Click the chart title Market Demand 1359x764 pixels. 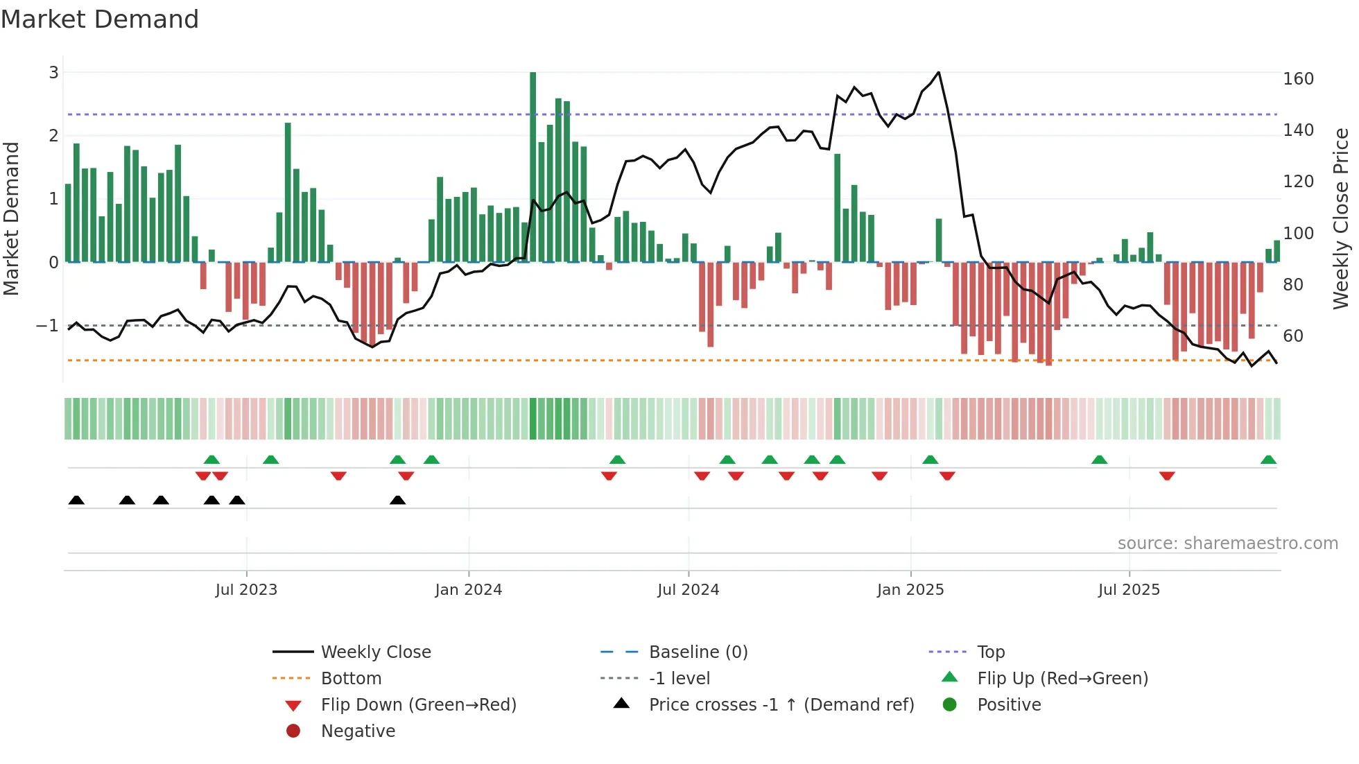[x=100, y=19]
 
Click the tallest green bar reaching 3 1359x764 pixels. [x=533, y=166]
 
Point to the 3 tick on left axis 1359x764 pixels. [x=53, y=73]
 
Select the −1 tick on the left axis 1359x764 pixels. [x=47, y=325]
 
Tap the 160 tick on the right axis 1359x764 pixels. [x=1298, y=79]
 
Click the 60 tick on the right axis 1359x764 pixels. [x=1292, y=336]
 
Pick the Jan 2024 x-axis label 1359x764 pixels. [x=468, y=590]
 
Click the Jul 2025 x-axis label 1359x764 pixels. [x=1128, y=590]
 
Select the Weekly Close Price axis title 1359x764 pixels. [x=1341, y=218]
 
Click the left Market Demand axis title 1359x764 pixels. [x=12, y=218]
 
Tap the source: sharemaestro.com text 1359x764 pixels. [x=1227, y=544]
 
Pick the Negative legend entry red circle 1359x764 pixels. [x=293, y=731]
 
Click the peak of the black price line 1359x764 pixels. [x=938, y=72]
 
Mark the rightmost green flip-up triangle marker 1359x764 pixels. [x=1268, y=460]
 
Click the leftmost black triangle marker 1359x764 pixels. [x=76, y=501]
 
